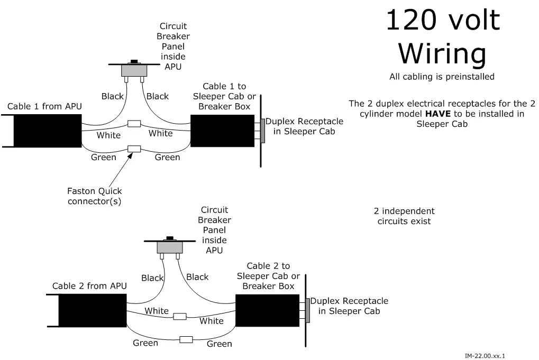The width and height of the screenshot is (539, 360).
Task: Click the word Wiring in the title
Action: click(x=442, y=54)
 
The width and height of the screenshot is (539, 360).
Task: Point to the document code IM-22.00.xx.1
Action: click(x=485, y=356)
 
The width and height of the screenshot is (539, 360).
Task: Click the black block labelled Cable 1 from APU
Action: click(x=47, y=131)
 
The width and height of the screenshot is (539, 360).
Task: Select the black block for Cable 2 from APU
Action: click(x=93, y=310)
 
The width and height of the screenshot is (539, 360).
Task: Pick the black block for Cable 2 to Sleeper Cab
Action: click(x=267, y=310)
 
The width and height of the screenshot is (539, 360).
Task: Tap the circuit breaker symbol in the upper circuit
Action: click(x=134, y=70)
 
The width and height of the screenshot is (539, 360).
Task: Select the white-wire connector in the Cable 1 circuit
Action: click(x=134, y=124)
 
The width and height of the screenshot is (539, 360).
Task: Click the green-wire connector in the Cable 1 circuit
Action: click(x=134, y=149)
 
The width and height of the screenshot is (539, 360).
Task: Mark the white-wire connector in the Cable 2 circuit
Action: click(x=180, y=316)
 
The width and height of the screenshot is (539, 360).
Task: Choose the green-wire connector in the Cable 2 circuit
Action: click(x=186, y=339)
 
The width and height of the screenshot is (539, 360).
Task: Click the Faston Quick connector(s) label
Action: click(x=95, y=196)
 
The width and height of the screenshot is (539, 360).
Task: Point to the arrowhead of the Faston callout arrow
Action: click(x=130, y=154)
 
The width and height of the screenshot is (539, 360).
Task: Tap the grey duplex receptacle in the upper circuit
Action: click(x=262, y=131)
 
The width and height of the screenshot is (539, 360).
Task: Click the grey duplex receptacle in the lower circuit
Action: click(x=307, y=310)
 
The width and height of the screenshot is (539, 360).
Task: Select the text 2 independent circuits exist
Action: click(x=404, y=216)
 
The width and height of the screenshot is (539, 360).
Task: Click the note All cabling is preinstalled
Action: click(x=442, y=77)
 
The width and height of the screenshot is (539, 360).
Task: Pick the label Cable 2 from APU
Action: click(x=89, y=286)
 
